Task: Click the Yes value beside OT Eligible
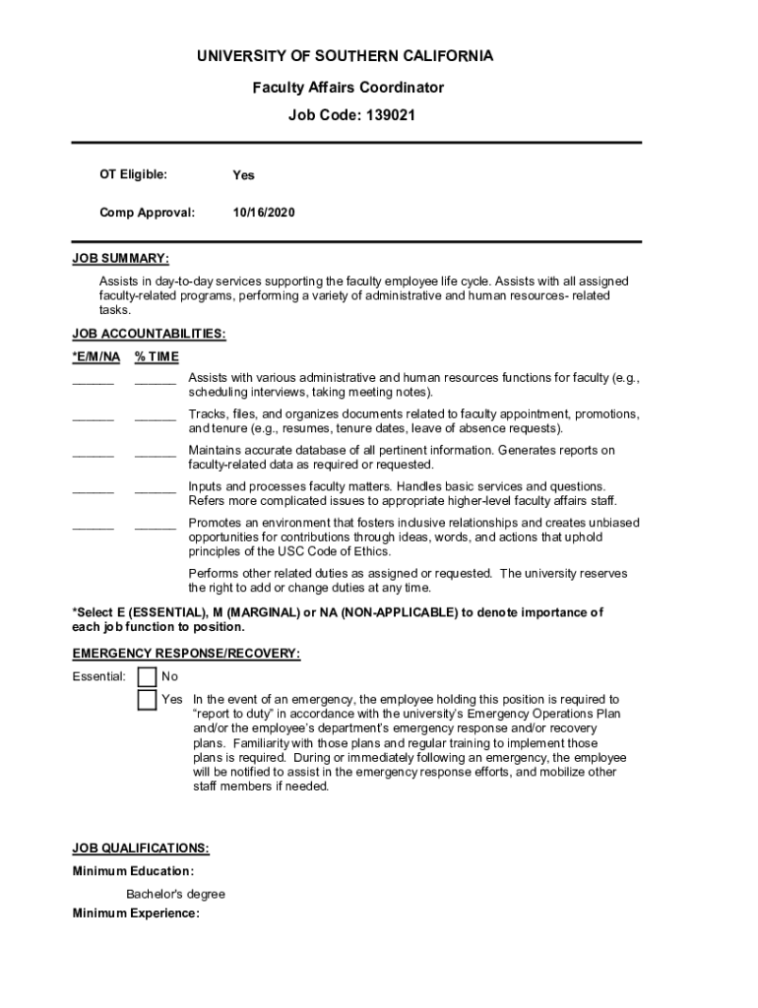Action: coord(243,175)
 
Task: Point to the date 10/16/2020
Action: coord(264,212)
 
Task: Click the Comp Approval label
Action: coord(147,212)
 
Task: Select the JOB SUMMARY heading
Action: coord(120,259)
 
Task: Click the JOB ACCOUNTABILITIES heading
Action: coord(149,334)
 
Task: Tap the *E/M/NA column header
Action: coord(96,356)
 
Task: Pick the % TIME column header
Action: coord(157,356)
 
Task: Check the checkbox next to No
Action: coord(147,677)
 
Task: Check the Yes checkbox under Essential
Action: coord(147,700)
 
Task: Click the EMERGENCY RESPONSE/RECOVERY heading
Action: coord(186,654)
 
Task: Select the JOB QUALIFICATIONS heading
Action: coord(141,848)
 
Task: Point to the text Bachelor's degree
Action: coord(175,894)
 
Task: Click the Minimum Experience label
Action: coord(136,913)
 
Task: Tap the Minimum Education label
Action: coord(133,871)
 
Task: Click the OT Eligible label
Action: coord(133,174)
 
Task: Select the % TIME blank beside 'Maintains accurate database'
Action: coord(156,454)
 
